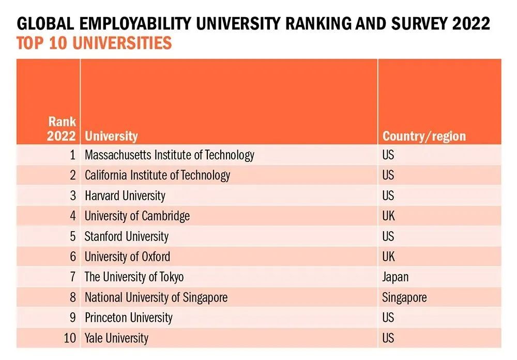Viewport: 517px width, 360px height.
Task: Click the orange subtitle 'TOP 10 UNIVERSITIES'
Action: pyautogui.click(x=94, y=43)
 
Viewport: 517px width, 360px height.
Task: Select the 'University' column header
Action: pyautogui.click(x=111, y=137)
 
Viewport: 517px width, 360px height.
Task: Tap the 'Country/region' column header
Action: pyautogui.click(x=424, y=137)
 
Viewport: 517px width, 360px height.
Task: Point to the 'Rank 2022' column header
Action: pyautogui.click(x=62, y=129)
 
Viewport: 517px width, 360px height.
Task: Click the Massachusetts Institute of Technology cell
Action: pyautogui.click(x=169, y=155)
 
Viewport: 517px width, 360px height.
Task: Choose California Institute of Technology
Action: pyautogui.click(x=157, y=175)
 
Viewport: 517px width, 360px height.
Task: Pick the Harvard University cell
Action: pyautogui.click(x=125, y=196)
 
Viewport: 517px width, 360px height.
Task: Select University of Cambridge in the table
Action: pyautogui.click(x=137, y=216)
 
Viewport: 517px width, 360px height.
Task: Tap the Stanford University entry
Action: pyautogui.click(x=126, y=236)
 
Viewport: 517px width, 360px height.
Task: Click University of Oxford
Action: pyautogui.click(x=127, y=257)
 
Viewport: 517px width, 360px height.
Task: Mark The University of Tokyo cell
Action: pyautogui.click(x=134, y=277)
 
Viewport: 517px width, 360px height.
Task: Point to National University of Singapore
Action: pyautogui.click(x=156, y=297)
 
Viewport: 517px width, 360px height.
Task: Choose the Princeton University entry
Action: pyautogui.click(x=128, y=318)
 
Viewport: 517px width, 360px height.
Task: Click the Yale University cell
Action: pyautogui.click(x=116, y=338)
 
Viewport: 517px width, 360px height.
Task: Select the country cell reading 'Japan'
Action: pyautogui.click(x=395, y=277)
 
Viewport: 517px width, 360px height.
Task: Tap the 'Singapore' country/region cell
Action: pyautogui.click(x=404, y=297)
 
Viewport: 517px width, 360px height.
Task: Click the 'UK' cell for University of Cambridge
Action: pyautogui.click(x=388, y=216)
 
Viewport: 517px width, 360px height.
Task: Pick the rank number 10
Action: pyautogui.click(x=70, y=338)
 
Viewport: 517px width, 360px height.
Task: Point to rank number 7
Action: pyautogui.click(x=73, y=277)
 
